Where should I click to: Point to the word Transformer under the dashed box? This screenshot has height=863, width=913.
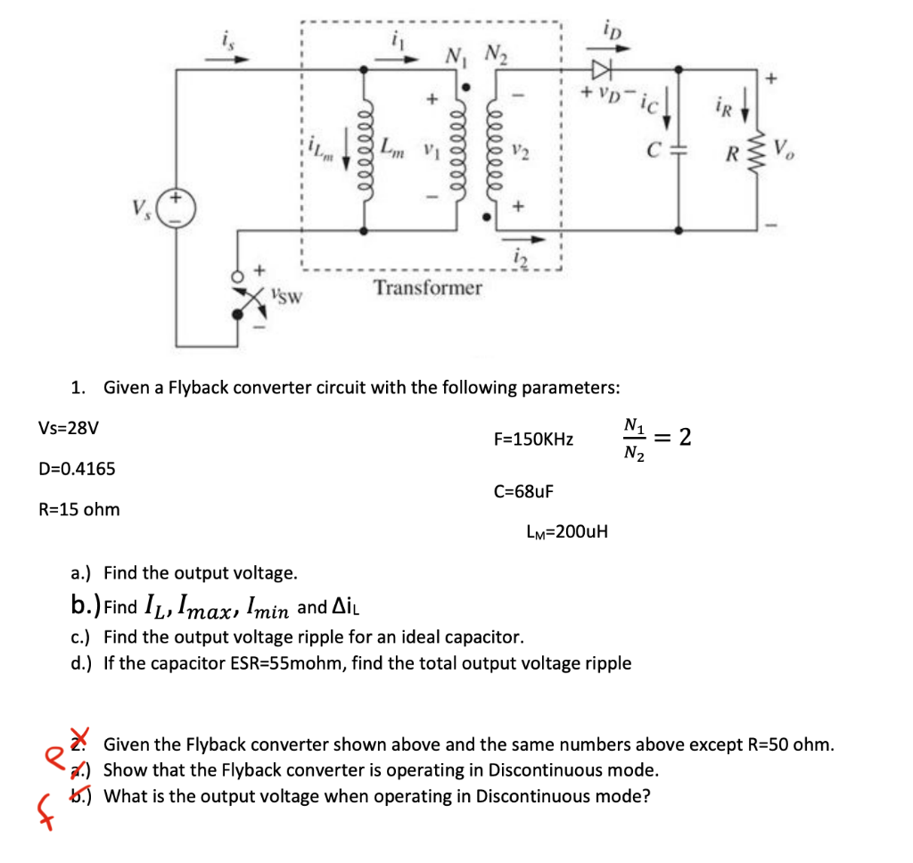[428, 288]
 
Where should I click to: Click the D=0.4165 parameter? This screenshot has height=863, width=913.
[77, 469]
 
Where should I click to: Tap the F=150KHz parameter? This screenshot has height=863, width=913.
[533, 440]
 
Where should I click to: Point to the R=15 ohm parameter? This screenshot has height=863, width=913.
[79, 510]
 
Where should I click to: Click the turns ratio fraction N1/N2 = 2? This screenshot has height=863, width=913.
[655, 438]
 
